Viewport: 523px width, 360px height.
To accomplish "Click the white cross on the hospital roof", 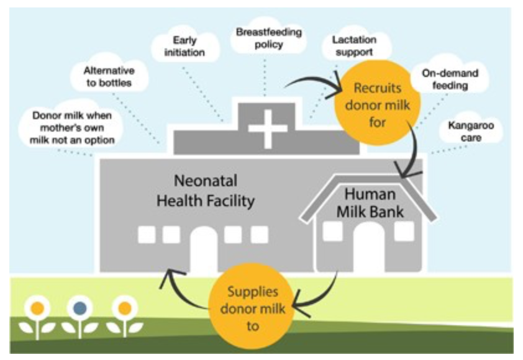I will [268, 127].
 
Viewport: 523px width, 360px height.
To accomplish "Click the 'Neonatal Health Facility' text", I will [205, 192].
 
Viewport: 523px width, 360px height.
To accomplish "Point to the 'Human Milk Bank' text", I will [370, 203].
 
